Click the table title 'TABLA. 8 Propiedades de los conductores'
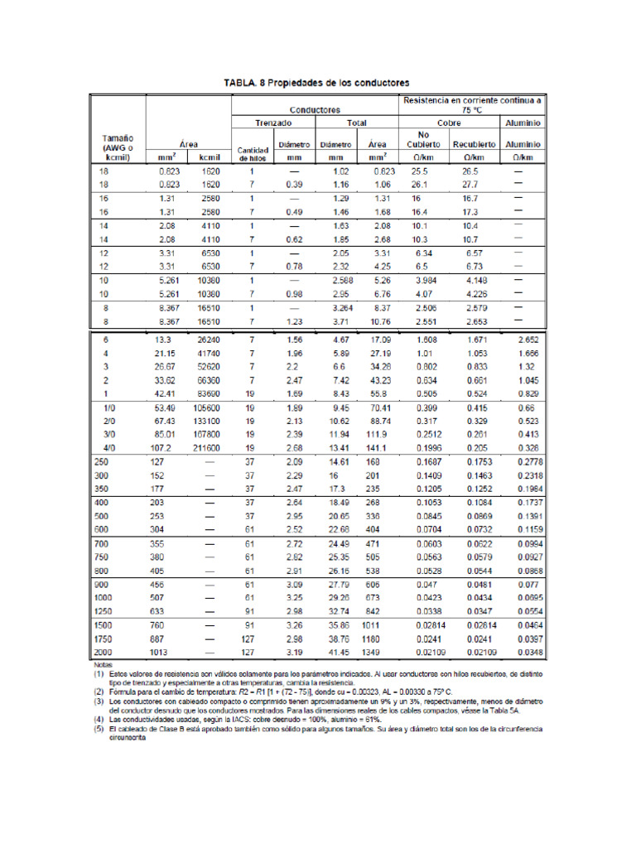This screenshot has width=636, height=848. (x=318, y=84)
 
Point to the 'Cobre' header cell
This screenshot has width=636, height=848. (x=450, y=123)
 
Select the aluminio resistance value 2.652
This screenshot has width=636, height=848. (x=526, y=340)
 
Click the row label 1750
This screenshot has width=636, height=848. (x=106, y=639)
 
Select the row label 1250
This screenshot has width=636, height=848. (x=106, y=611)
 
